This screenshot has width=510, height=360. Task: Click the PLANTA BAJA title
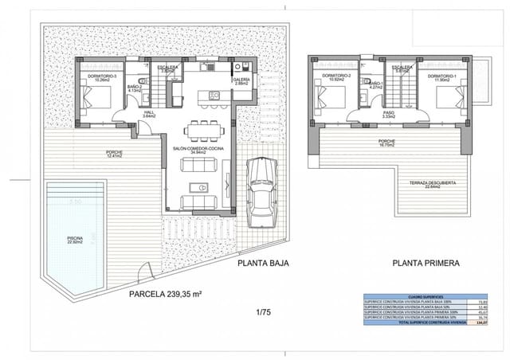point(262,262)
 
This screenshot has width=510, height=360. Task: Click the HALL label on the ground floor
point(148,114)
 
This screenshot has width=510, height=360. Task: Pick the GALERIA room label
point(241,80)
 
